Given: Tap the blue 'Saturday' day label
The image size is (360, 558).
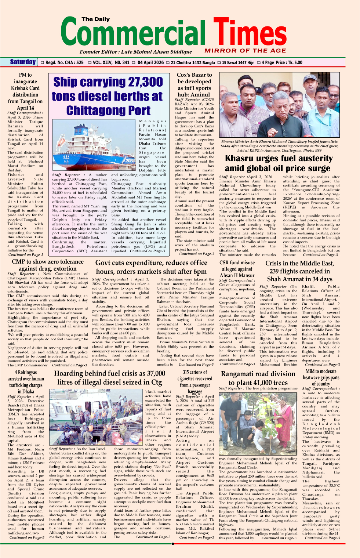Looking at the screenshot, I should point(23,62).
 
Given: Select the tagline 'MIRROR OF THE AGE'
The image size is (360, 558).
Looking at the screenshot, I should point(245,51).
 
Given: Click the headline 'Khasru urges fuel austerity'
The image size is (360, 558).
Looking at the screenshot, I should point(279,159).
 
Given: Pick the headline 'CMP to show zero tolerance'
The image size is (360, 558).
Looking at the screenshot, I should point(48,262).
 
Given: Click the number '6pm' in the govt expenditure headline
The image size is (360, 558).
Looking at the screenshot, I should point(200,272).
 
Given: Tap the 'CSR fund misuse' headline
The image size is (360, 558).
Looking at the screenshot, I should point(237,262).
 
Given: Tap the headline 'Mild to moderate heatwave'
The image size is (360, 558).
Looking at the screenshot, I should point(321,377).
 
